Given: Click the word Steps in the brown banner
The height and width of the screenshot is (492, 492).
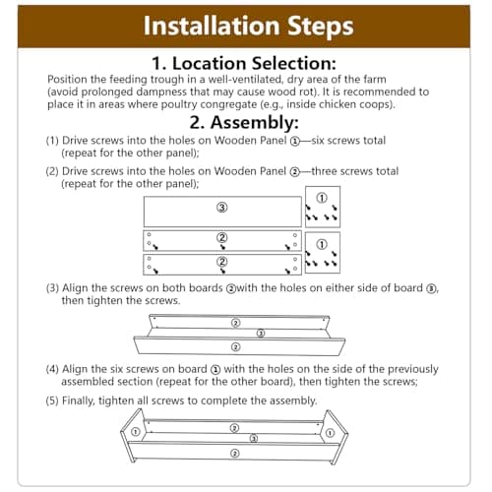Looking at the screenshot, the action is point(321,27).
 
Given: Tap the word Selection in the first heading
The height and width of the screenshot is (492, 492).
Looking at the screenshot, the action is point(294,63).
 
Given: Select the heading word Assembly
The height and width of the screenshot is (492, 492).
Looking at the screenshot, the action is point(254,123).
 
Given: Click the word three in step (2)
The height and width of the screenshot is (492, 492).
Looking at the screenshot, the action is point(325,171).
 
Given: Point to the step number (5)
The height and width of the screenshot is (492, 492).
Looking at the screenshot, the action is point(52,400).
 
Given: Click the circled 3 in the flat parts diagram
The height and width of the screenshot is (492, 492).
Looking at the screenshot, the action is point(222,208).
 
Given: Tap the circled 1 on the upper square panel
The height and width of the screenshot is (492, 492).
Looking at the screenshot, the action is point(322,198).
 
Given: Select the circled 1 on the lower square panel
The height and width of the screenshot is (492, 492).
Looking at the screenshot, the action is point(322,244).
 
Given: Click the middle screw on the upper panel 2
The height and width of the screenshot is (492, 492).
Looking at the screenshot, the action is point(223,247).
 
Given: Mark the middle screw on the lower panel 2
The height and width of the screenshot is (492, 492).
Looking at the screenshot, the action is point(223,271).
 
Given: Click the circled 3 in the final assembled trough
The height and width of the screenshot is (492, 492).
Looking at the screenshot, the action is point(254,438).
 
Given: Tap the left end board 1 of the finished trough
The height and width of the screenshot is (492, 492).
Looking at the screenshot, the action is point(133,435).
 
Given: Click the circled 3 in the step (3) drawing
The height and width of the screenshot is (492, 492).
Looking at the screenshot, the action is point(261,334).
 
